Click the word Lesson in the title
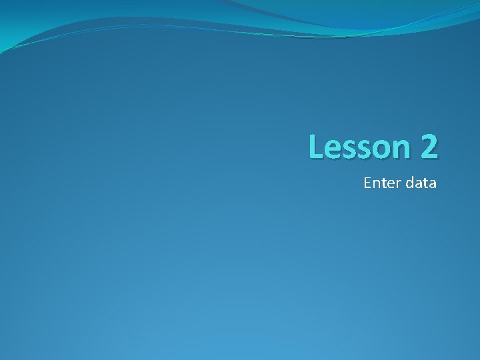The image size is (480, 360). point(359,147)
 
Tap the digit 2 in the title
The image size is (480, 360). point(429,147)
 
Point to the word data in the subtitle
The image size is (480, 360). point(421,183)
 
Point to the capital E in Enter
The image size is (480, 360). point(367,183)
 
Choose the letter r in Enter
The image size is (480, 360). point(397,184)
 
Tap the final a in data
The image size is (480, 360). point(433,184)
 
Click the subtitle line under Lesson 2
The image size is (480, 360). point(400,183)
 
